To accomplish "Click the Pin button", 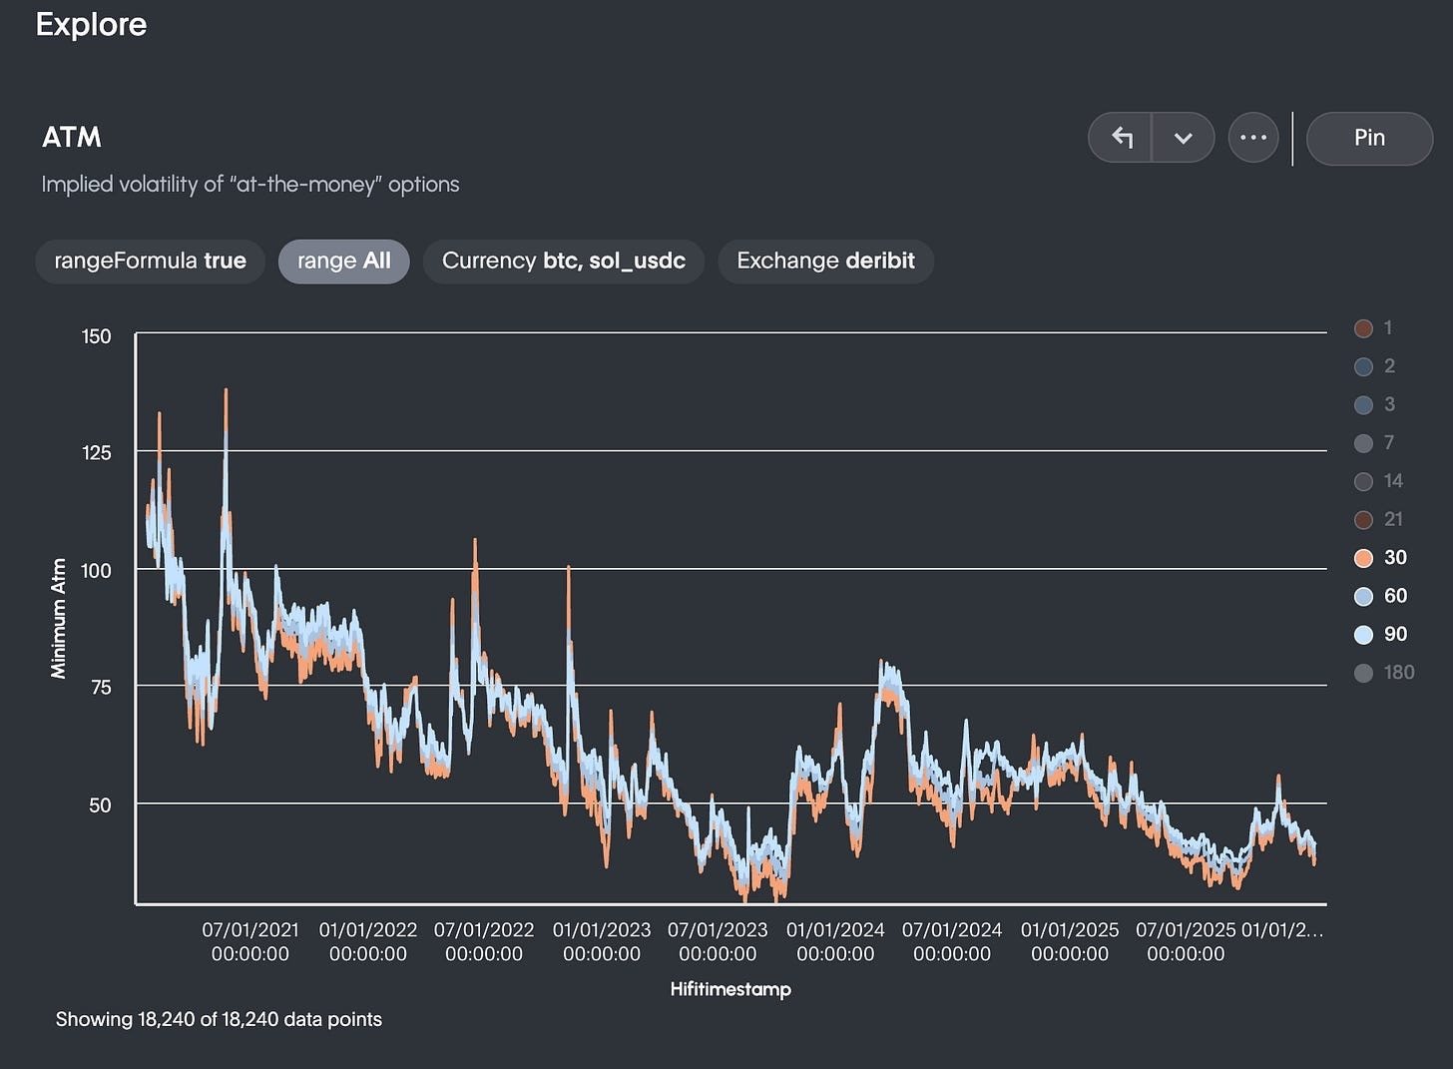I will (1369, 138).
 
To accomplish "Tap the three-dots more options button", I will (1253, 138).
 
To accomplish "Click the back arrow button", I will (1122, 138).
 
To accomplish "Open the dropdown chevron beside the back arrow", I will (1184, 138).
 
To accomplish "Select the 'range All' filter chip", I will (343, 262).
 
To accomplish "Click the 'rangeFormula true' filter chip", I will (150, 262).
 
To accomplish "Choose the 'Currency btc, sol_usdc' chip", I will (563, 262).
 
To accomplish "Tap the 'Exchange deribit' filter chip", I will (825, 262).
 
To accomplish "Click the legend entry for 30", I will (1381, 558).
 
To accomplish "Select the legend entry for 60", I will (1381, 596).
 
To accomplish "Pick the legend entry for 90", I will (1381, 635).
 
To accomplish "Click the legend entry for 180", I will (1385, 673).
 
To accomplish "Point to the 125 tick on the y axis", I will (97, 452).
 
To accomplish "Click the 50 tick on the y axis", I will (100, 804).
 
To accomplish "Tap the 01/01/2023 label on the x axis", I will (602, 941).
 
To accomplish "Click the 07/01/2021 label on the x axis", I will (250, 941).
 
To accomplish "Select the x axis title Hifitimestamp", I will (730, 989).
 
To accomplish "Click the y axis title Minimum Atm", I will (59, 619).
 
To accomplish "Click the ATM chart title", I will (72, 138).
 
